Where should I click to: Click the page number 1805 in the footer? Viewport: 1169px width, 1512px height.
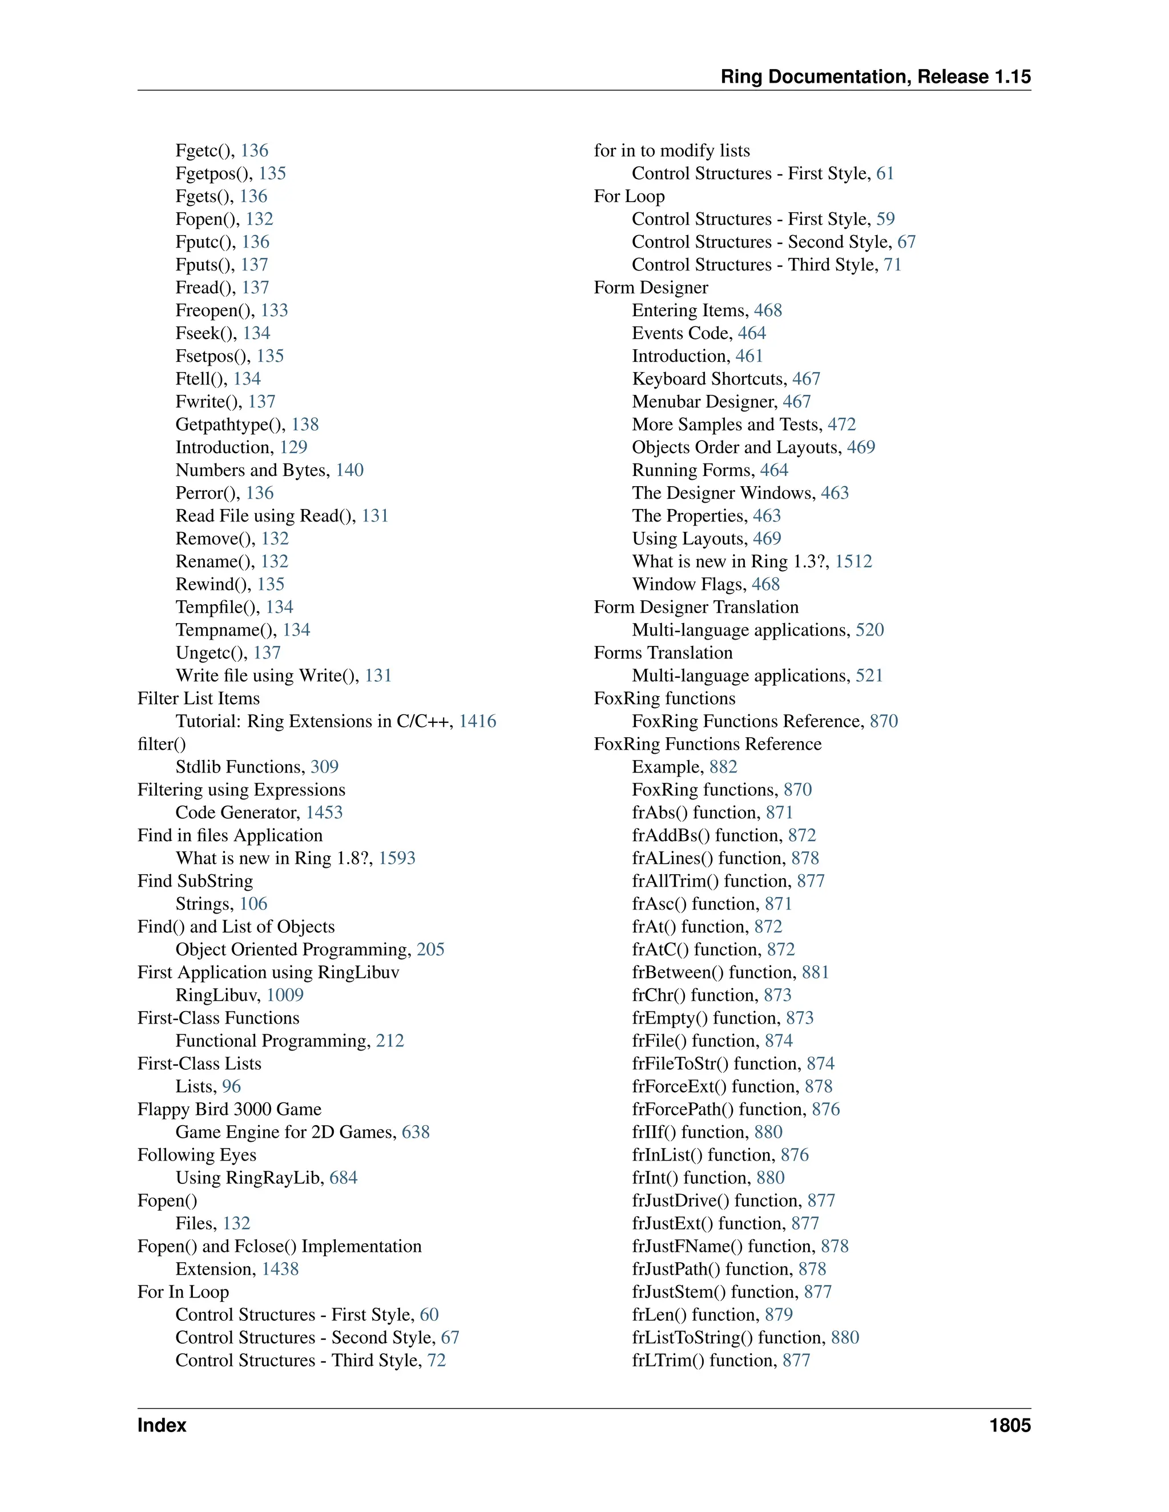tap(1009, 1425)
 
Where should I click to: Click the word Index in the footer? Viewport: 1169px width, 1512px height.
tap(162, 1425)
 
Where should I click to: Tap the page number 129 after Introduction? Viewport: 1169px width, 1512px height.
tap(293, 447)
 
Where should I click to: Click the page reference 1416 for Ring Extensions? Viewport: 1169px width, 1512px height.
tap(477, 721)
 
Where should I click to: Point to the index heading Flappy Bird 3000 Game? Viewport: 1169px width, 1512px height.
tap(229, 1109)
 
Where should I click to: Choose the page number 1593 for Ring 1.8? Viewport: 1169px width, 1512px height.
tap(397, 859)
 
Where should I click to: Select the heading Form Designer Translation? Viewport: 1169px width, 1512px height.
tap(696, 607)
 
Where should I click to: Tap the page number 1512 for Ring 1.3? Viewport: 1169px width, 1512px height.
tap(853, 561)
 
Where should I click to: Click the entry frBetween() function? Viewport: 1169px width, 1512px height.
tap(714, 973)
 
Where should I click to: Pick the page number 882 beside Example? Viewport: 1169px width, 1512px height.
tap(723, 767)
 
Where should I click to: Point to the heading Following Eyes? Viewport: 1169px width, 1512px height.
tap(197, 1155)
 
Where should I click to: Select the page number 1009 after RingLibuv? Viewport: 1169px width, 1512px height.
tap(285, 996)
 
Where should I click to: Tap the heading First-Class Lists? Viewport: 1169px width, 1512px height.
tap(199, 1064)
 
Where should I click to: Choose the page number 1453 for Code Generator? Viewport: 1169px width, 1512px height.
tap(324, 812)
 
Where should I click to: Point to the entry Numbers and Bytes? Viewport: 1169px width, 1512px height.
tap(252, 470)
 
